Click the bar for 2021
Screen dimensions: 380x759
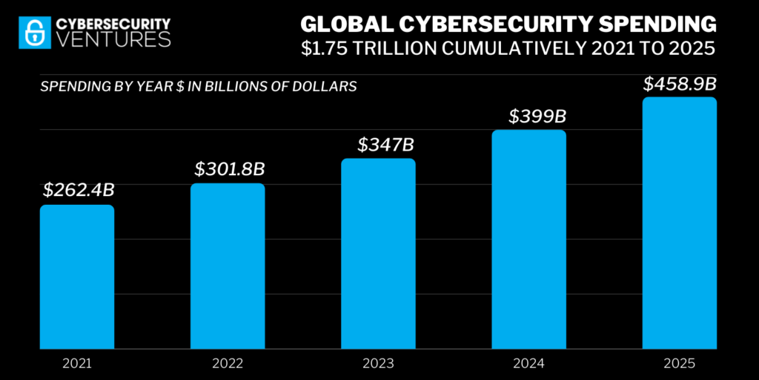[x=77, y=277]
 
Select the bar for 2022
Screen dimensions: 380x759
[x=228, y=266]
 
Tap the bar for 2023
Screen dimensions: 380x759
[x=378, y=253]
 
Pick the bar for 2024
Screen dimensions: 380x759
[x=528, y=239]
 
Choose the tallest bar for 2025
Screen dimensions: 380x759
[x=679, y=223]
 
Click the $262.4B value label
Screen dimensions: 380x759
[x=78, y=190]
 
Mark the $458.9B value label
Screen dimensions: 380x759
[x=680, y=84]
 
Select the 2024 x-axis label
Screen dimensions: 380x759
[x=529, y=363]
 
